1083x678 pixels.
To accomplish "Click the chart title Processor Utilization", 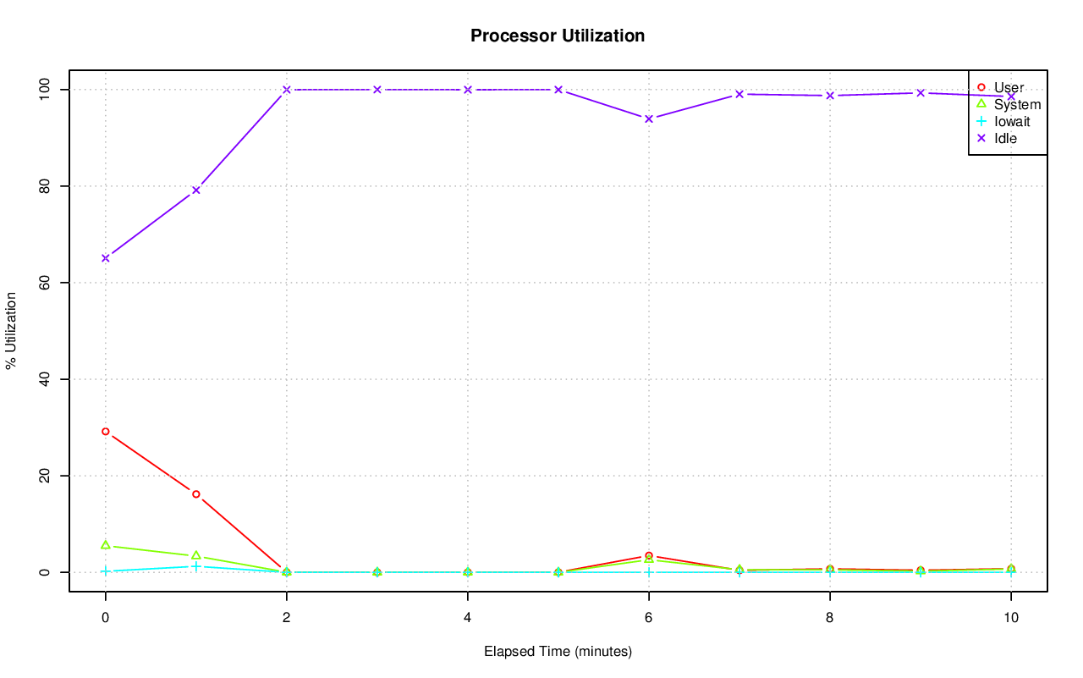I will (x=558, y=36).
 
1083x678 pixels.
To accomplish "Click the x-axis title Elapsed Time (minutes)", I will (x=558, y=652).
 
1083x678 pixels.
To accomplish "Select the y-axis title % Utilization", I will (x=11, y=330).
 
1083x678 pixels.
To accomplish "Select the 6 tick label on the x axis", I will (x=649, y=618).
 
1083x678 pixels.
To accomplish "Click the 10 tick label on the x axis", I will (x=1010, y=618).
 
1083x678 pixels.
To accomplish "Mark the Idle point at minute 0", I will (x=106, y=258).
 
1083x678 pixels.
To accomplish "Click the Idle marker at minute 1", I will (x=196, y=190).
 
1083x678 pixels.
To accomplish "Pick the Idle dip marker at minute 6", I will (x=649, y=119).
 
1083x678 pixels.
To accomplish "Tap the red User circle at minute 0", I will (x=106, y=432).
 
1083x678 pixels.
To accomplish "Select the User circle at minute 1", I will (x=196, y=494).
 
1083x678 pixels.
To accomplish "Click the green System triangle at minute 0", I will (x=106, y=545).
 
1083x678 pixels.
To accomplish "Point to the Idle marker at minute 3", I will (x=377, y=90).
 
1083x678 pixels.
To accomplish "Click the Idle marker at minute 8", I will (x=830, y=96).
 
